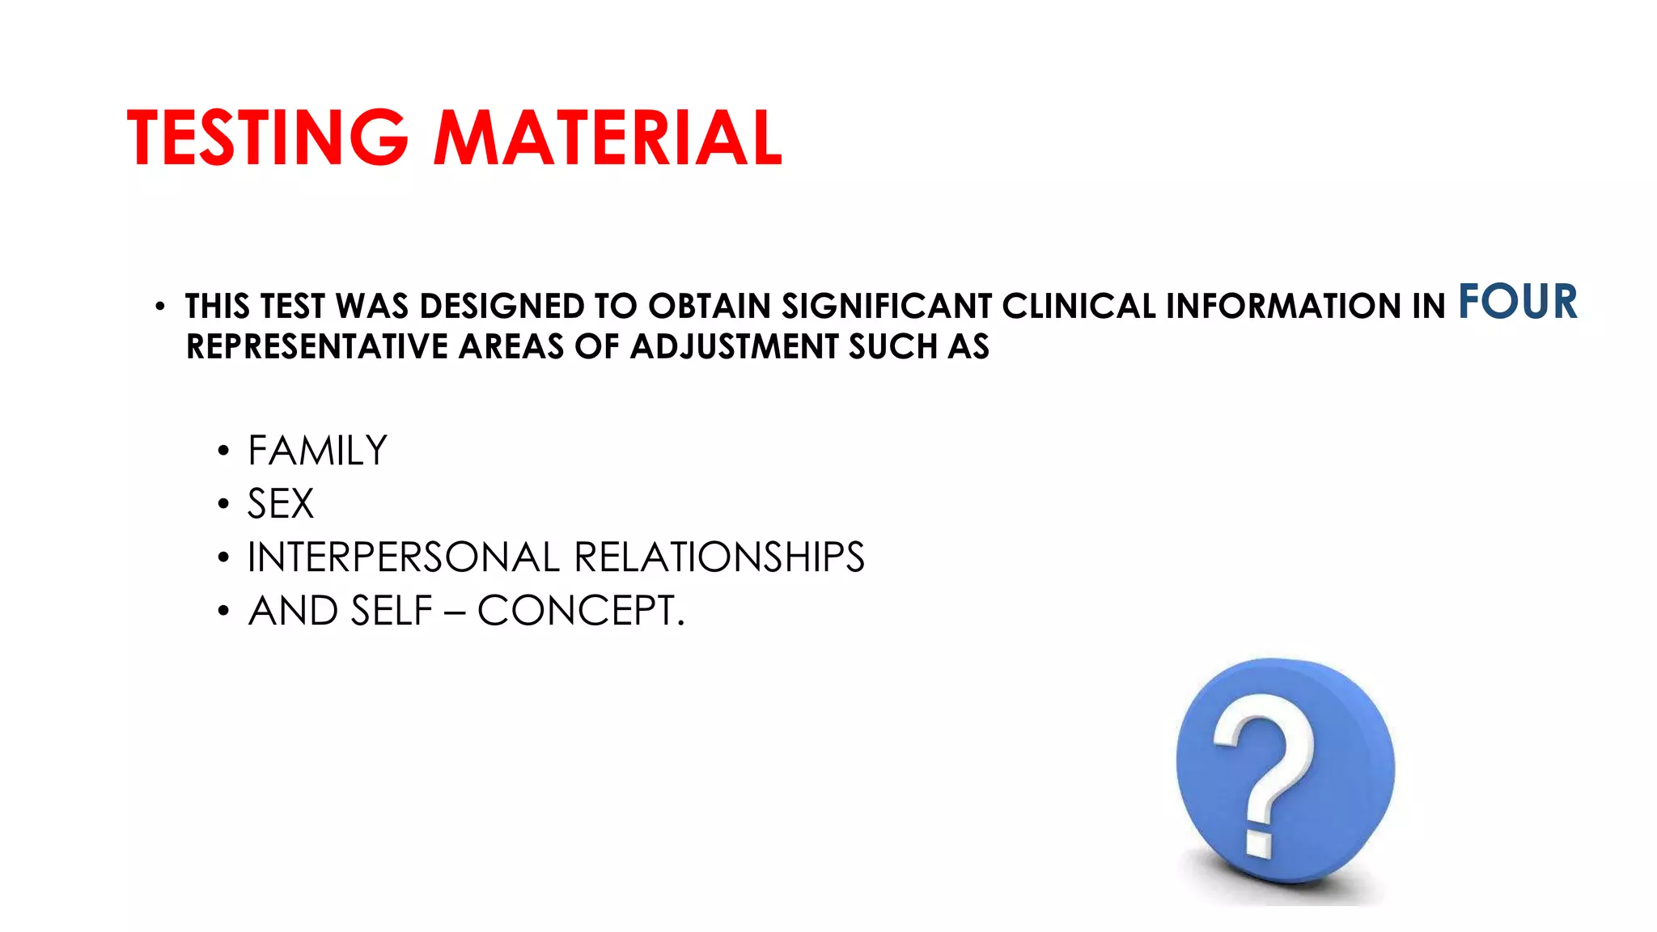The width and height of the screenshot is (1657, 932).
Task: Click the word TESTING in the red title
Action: [268, 138]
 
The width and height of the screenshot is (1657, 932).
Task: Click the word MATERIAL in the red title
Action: [608, 138]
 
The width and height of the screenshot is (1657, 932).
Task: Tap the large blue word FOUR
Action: [1517, 302]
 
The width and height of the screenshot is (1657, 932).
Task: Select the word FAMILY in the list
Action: [317, 451]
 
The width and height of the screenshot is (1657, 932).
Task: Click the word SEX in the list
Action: [280, 504]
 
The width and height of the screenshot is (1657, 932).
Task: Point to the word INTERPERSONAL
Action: [403, 557]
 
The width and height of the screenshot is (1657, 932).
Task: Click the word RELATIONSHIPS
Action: [719, 557]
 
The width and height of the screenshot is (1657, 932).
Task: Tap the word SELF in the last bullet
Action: [392, 611]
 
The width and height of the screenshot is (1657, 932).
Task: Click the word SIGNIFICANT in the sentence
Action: [886, 307]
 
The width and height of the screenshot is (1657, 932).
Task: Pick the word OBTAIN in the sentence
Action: [709, 307]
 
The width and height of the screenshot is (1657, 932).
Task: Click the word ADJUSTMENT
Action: [735, 347]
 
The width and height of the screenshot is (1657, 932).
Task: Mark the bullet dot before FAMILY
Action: [223, 451]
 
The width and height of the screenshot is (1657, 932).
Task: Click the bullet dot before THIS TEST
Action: [160, 307]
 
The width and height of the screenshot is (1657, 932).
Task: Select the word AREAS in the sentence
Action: [511, 347]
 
